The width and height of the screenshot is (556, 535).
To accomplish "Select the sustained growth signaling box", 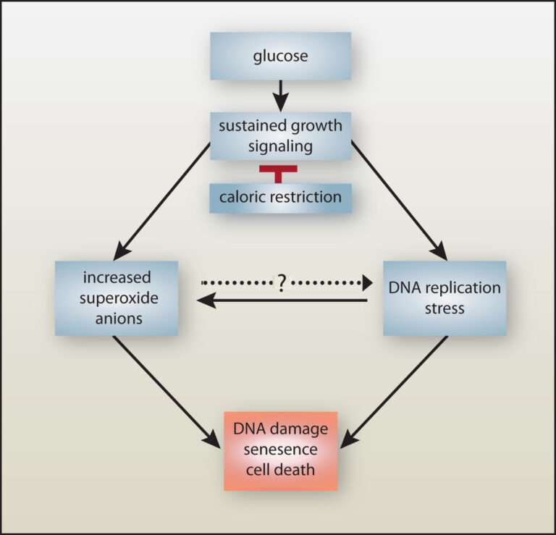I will [280, 135].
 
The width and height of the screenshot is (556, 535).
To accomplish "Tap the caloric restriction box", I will [281, 197].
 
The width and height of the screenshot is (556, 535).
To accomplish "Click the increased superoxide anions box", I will [117, 298].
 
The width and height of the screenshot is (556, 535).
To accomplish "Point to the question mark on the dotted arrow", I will [280, 283].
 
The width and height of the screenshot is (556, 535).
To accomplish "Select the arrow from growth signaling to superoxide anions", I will [163, 201].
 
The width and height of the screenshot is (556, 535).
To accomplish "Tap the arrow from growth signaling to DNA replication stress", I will [398, 201].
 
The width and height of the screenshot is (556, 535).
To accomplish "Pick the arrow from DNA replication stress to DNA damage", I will [395, 391].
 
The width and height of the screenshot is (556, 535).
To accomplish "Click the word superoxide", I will [117, 298].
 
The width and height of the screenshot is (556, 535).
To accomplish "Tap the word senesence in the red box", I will [281, 450].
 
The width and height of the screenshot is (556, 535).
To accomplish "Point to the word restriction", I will [304, 197].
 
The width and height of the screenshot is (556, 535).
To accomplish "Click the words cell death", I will [281, 469].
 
